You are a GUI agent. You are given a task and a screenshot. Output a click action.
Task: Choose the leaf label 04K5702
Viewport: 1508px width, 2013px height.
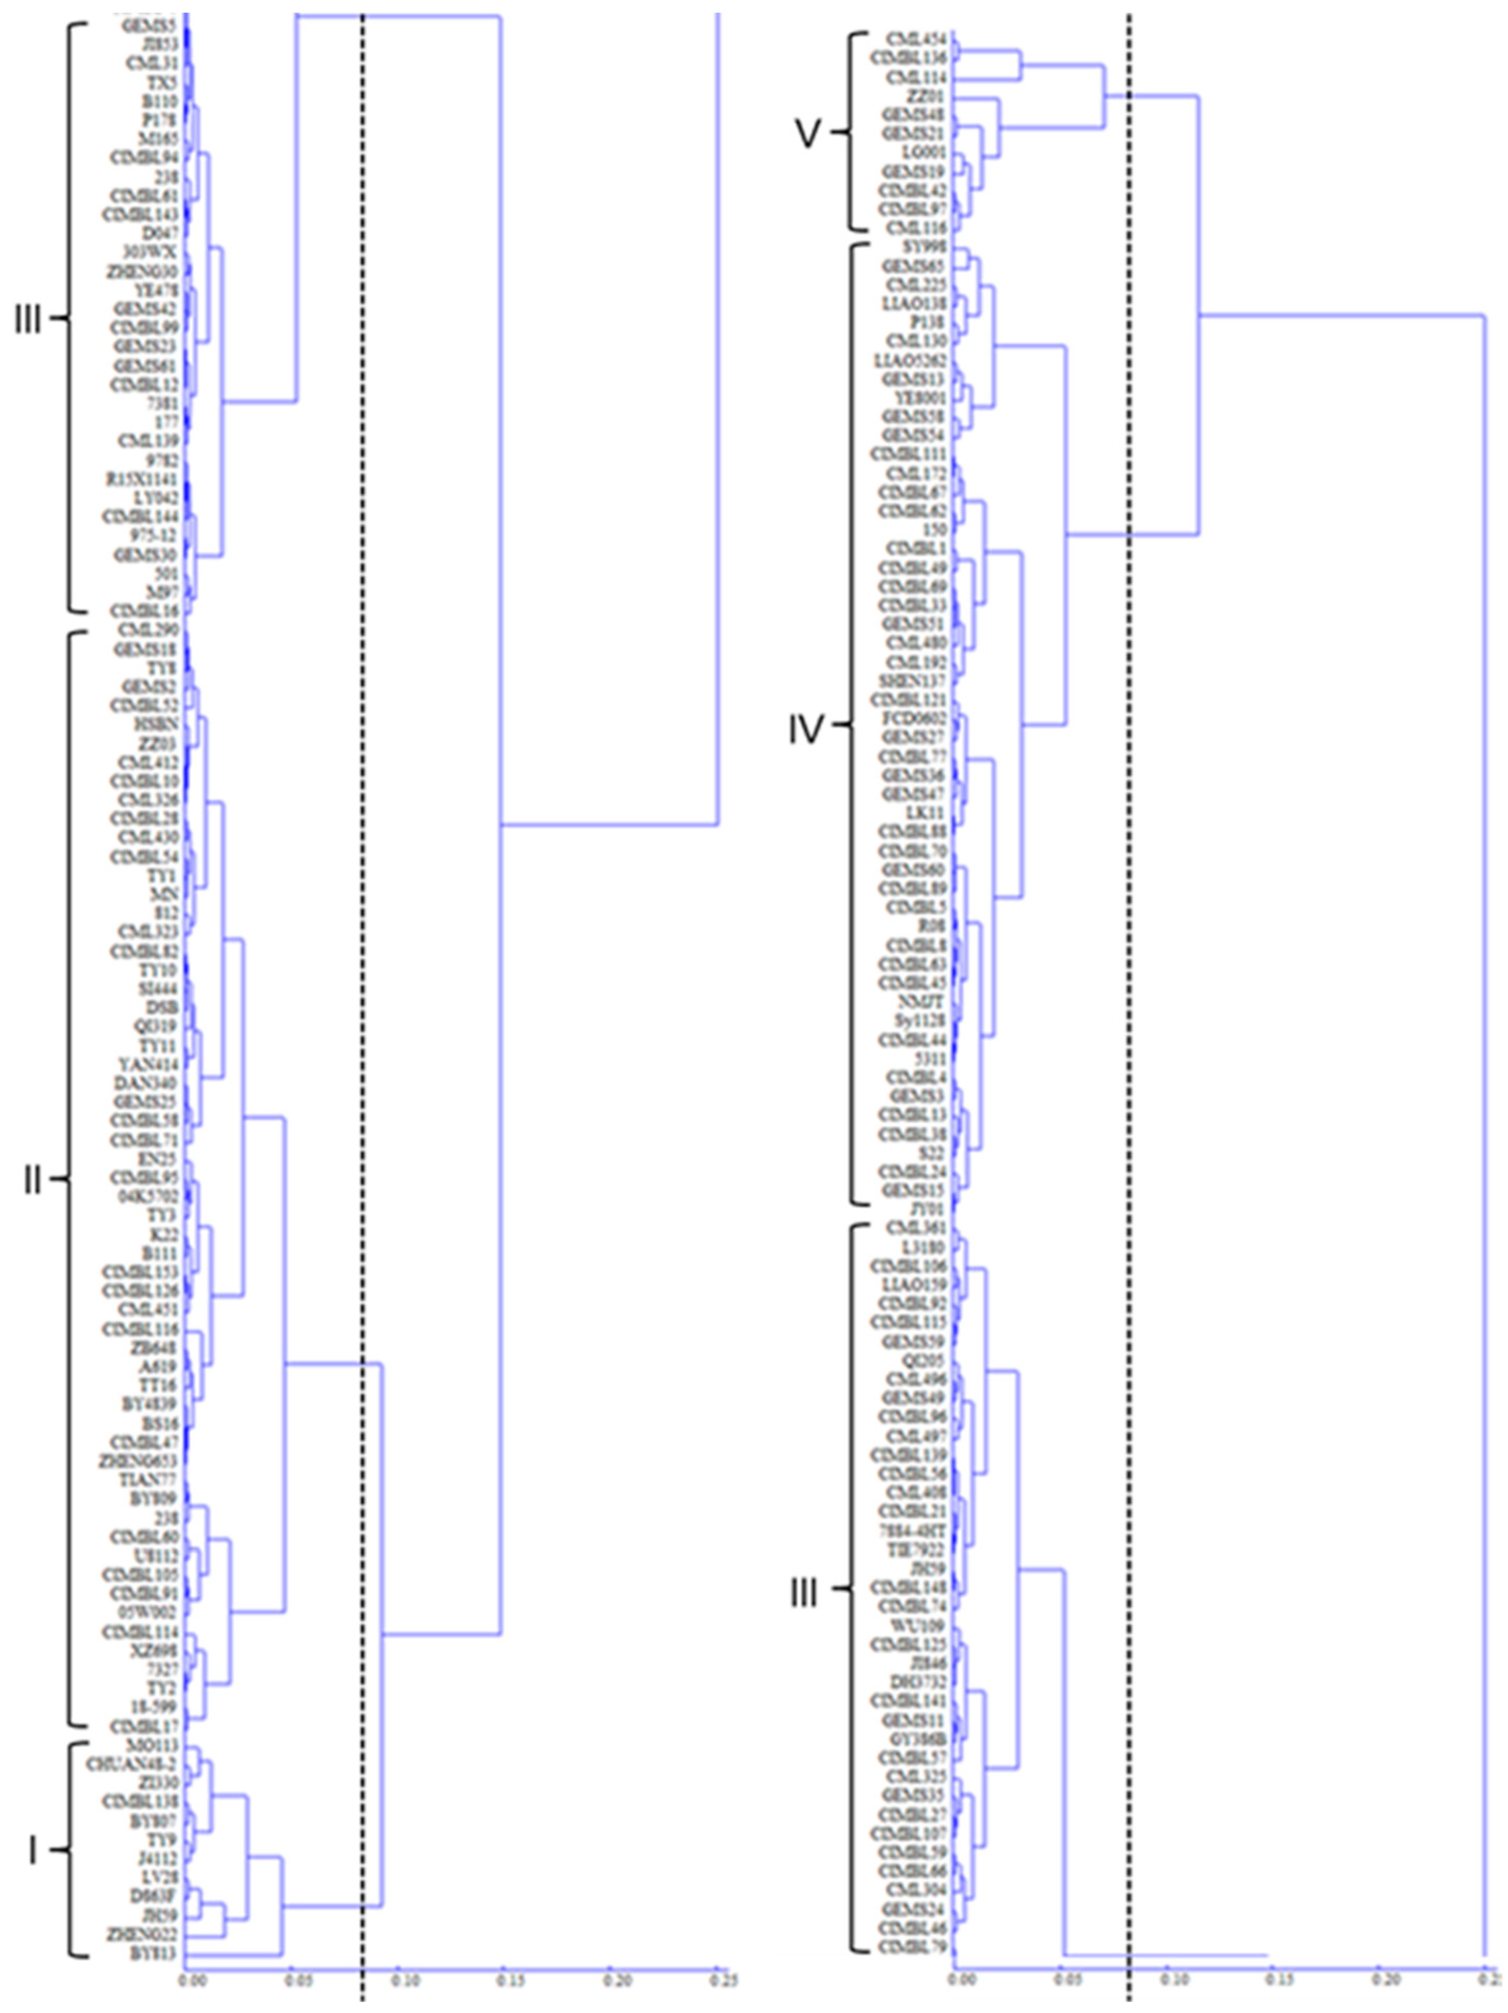click(x=146, y=1196)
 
